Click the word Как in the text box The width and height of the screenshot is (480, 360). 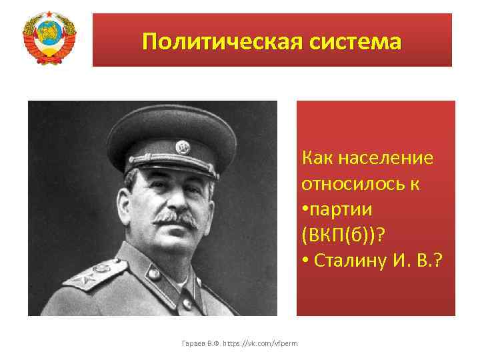coord(318,159)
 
